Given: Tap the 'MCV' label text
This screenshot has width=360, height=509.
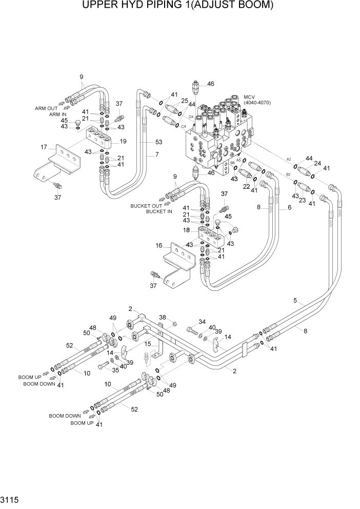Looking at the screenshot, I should pos(249,97).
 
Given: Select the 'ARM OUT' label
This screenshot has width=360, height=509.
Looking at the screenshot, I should pos(46,108).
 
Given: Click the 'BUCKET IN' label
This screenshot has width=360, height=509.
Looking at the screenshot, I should pos(159,211).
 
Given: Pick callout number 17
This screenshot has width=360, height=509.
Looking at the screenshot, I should pos(44,148).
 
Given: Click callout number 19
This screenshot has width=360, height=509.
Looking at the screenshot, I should pos(123,141).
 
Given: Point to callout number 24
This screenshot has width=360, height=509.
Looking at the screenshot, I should pos(317,164).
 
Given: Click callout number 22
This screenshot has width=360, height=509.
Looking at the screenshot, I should pos(246,186).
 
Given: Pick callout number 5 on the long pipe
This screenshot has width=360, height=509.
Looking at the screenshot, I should pos(295,301).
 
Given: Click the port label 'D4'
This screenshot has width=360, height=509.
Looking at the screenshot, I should pos(191,117).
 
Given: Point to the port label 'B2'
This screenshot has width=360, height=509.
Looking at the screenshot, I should pos(288,175).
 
